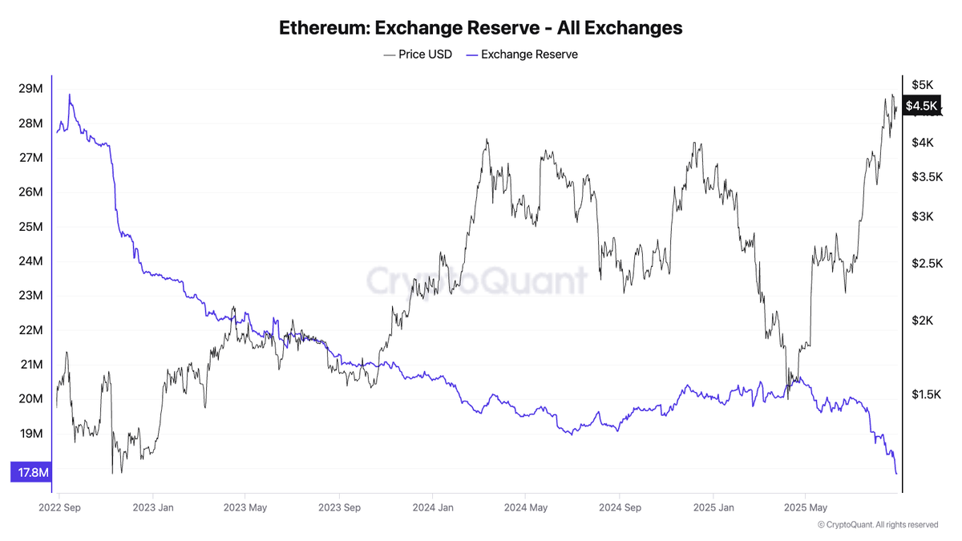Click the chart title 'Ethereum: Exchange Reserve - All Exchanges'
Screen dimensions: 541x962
(480, 27)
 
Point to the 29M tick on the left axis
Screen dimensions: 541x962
(30, 88)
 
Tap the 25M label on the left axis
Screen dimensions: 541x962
(30, 227)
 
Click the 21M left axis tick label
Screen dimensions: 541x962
(30, 365)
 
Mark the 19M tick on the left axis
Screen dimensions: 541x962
(30, 434)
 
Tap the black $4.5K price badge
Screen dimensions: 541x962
(921, 106)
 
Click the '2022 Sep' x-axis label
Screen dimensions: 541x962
(60, 507)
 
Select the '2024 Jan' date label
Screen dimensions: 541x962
(434, 507)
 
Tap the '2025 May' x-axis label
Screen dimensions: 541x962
(806, 507)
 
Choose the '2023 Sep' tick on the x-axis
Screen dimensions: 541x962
(340, 507)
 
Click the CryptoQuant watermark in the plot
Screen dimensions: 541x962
(477, 281)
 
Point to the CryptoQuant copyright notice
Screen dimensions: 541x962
(877, 525)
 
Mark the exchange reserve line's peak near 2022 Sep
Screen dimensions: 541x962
(69, 95)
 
